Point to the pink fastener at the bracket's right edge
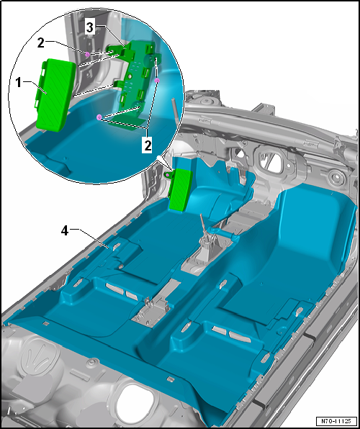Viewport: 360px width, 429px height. (157, 81)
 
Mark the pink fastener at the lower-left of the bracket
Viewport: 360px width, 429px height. (99, 116)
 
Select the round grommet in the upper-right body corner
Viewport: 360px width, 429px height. (334, 178)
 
